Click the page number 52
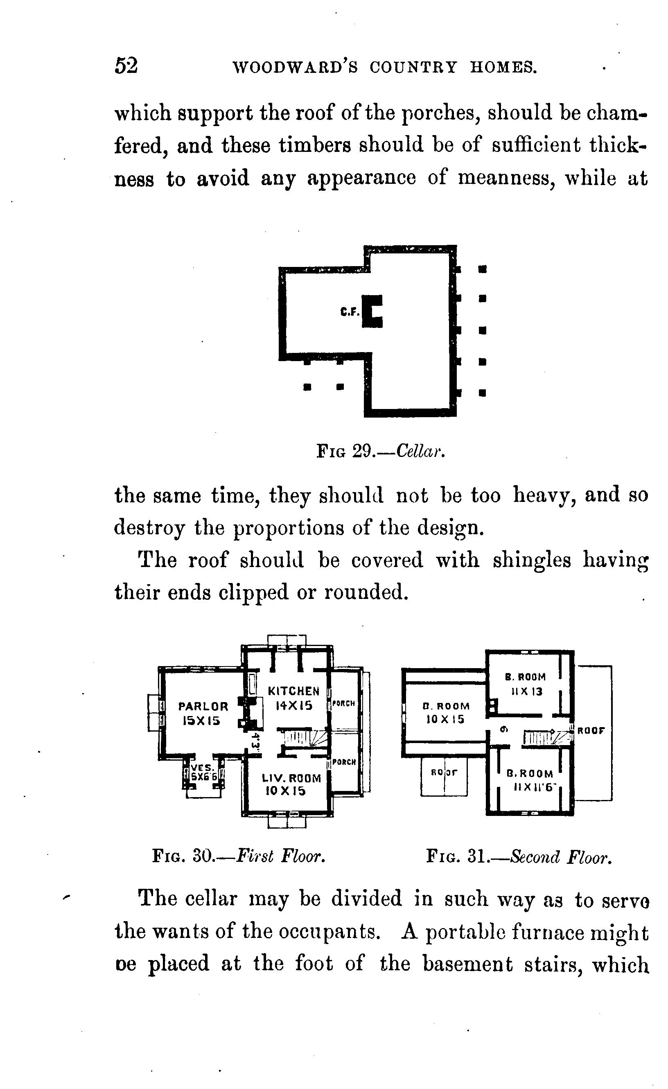point(126,66)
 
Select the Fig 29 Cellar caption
point(380,451)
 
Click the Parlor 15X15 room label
point(203,713)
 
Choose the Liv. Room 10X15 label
point(291,784)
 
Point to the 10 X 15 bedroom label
point(445,713)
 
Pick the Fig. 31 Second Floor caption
point(519,857)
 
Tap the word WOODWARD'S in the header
point(295,67)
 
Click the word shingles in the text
point(531,560)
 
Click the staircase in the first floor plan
point(305,737)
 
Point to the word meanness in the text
point(506,178)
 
